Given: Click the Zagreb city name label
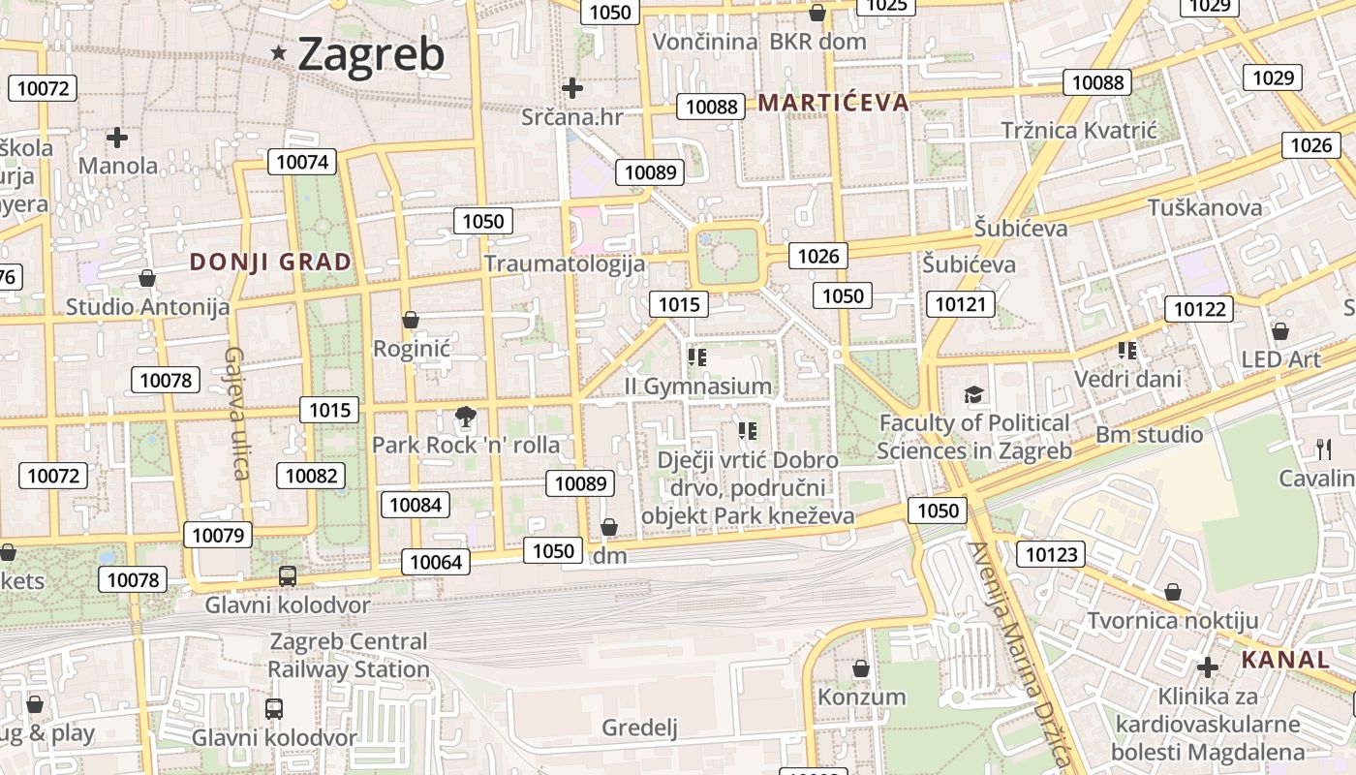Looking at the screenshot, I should pyautogui.click(x=371, y=54).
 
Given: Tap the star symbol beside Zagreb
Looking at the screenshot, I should pyautogui.click(x=279, y=53).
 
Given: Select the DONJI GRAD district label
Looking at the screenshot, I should pyautogui.click(x=270, y=262).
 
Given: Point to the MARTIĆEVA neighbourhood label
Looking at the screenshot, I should pyautogui.click(x=834, y=103).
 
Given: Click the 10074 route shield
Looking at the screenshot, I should pyautogui.click(x=303, y=162).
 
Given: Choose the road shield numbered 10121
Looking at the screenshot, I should pyautogui.click(x=961, y=304).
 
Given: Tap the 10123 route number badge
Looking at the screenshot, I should pyautogui.click(x=1050, y=554).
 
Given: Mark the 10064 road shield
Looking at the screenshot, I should pyautogui.click(x=437, y=562).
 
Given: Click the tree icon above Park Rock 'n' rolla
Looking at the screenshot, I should pyautogui.click(x=466, y=418).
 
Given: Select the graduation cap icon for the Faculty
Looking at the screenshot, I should pyautogui.click(x=973, y=394).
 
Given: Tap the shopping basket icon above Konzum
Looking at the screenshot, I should pyautogui.click(x=860, y=668).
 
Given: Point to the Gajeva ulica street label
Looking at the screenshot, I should pyautogui.click(x=238, y=413).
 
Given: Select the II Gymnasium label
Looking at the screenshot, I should pyautogui.click(x=698, y=387).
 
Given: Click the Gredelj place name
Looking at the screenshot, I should pyautogui.click(x=639, y=728).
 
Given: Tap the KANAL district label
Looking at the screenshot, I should pyautogui.click(x=1285, y=661).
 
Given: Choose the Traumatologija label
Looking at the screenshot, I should pyautogui.click(x=565, y=263).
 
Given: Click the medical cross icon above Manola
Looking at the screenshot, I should pyautogui.click(x=117, y=138).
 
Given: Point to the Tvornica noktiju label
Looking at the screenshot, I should pyautogui.click(x=1172, y=620).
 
